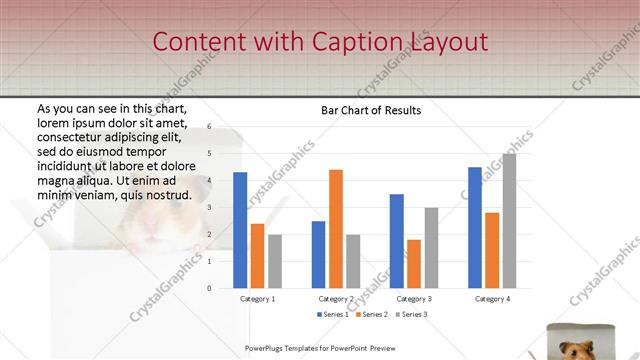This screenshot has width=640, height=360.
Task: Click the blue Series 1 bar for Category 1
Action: click(x=240, y=230)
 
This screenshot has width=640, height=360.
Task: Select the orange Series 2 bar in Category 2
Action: click(x=335, y=228)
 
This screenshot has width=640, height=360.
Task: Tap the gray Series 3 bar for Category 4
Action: click(x=509, y=220)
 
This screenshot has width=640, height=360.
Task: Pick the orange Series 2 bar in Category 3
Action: click(x=413, y=263)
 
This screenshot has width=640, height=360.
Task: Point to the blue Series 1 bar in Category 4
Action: click(x=475, y=227)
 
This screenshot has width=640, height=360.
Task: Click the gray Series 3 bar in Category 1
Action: click(x=274, y=261)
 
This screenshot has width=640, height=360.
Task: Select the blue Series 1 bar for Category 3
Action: click(x=397, y=240)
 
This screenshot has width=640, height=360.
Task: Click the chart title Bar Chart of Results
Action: click(x=370, y=110)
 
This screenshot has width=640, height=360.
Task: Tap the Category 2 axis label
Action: click(x=336, y=298)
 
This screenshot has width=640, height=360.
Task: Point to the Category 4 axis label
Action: click(x=492, y=298)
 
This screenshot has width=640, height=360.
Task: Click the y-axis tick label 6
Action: click(x=210, y=127)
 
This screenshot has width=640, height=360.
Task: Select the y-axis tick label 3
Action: click(x=210, y=207)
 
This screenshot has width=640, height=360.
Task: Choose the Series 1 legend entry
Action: click(x=334, y=315)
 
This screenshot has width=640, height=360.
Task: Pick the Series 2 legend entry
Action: click(x=371, y=315)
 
